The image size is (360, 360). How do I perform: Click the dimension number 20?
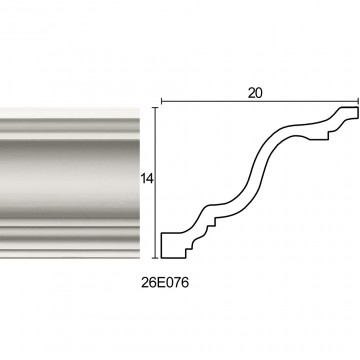click(255, 93)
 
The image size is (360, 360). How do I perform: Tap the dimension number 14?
click(146, 179)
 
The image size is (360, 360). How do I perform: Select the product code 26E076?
click(165, 283)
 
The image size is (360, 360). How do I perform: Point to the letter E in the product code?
click(160, 283)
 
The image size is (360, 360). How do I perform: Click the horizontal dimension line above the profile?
click(260, 101)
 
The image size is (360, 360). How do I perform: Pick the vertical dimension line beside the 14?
click(155, 183)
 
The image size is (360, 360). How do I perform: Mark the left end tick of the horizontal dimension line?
click(162, 101)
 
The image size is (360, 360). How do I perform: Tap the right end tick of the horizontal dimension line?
click(358, 101)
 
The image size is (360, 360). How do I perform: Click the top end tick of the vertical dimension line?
click(155, 108)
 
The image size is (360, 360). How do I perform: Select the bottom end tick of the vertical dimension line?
click(155, 258)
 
